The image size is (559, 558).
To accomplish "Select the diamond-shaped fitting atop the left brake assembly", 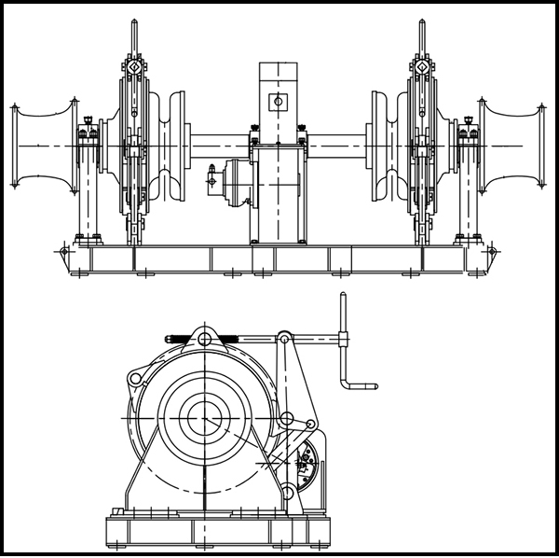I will [x=136, y=66].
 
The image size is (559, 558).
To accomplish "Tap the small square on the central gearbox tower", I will [x=276, y=100].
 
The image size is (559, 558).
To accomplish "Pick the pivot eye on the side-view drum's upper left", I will [x=136, y=378].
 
